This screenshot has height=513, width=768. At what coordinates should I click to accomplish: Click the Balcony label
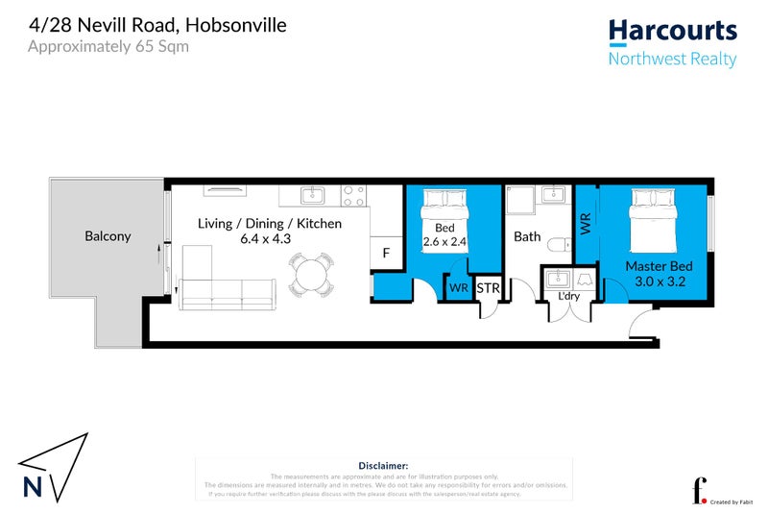tap(108, 235)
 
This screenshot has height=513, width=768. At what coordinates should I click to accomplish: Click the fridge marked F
tap(386, 254)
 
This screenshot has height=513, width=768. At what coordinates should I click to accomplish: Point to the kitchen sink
tap(313, 196)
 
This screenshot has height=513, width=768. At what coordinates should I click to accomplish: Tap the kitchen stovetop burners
tap(352, 195)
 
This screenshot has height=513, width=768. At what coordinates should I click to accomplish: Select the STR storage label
tap(488, 287)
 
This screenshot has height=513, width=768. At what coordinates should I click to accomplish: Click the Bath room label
tap(527, 235)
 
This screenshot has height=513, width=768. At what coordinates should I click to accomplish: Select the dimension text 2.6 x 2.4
tap(444, 243)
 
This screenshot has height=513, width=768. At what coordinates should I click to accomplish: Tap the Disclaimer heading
tap(383, 464)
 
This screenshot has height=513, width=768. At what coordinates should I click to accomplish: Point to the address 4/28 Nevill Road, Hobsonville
tap(157, 23)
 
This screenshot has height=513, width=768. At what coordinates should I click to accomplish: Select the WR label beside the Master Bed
tap(585, 224)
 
